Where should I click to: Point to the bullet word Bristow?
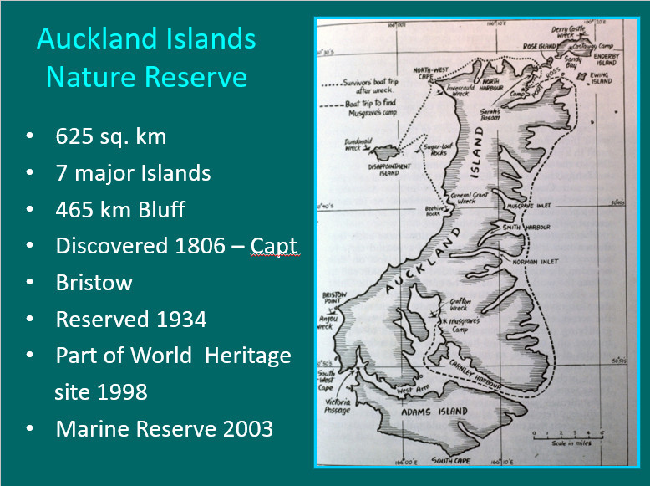click(x=94, y=283)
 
